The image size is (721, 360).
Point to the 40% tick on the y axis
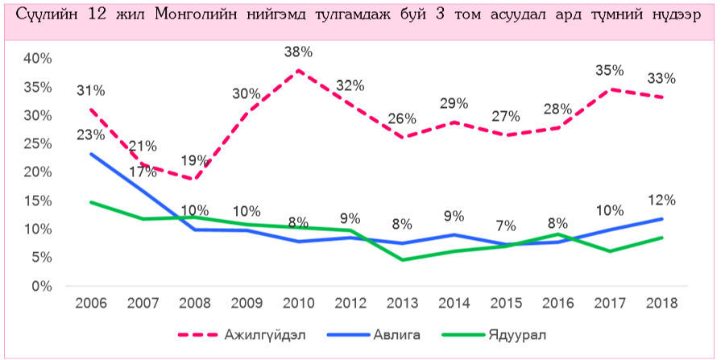point(37,59)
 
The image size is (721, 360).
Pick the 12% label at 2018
point(661,200)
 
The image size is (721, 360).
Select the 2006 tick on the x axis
point(91,303)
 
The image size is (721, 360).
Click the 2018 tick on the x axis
point(661,303)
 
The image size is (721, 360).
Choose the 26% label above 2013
point(400,118)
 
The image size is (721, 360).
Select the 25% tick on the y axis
point(37,144)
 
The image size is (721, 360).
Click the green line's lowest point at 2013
point(400,260)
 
